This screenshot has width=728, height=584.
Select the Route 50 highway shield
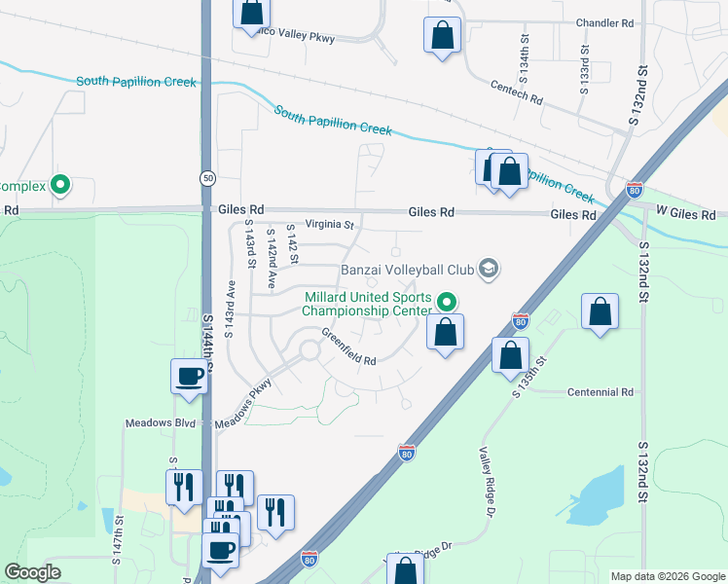tap(207, 178)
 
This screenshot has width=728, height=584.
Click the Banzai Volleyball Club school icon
tap(489, 268)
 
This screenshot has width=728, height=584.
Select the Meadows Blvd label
tap(161, 423)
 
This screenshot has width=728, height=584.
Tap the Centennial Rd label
tap(601, 392)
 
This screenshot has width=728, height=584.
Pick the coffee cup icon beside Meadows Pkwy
tap(189, 376)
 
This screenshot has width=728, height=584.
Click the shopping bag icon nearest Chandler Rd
tap(442, 36)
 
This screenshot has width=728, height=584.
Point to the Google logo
tap(33, 573)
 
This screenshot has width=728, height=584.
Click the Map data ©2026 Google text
tap(667, 576)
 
